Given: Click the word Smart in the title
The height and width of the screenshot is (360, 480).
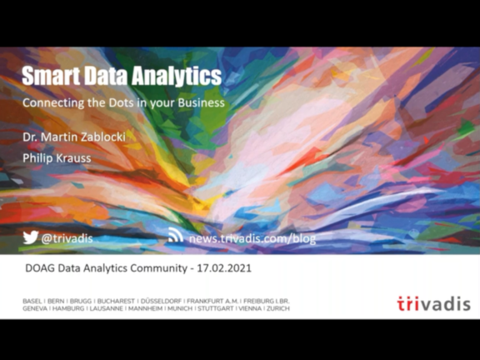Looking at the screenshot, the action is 51,76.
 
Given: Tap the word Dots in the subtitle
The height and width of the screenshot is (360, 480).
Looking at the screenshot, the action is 122,102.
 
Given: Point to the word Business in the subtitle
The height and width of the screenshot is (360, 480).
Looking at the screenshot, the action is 201,102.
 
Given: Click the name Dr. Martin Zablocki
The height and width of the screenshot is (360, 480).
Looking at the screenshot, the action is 74,137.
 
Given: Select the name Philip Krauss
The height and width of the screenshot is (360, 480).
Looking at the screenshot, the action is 57,158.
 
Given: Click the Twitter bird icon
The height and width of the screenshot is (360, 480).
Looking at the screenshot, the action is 31,237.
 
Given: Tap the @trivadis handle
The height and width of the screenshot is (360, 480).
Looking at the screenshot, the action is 67,238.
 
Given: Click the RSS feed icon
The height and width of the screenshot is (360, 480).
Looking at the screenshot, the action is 176,235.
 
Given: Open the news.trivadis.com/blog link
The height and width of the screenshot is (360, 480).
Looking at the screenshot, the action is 252,238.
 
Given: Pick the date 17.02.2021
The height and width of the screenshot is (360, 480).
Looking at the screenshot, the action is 224,268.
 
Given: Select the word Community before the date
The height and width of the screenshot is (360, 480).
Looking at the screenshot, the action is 159,268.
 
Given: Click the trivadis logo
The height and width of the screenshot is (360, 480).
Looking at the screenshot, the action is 434,303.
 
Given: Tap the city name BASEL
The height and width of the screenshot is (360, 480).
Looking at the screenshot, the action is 32,301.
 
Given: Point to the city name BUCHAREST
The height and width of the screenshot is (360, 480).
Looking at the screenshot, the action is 116,301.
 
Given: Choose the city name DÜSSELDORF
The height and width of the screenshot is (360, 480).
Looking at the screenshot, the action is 161,301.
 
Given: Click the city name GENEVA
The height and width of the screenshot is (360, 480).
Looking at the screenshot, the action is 35,308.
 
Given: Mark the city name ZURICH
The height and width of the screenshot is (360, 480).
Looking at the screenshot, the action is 278,308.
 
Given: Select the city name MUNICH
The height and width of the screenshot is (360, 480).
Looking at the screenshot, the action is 180,308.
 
